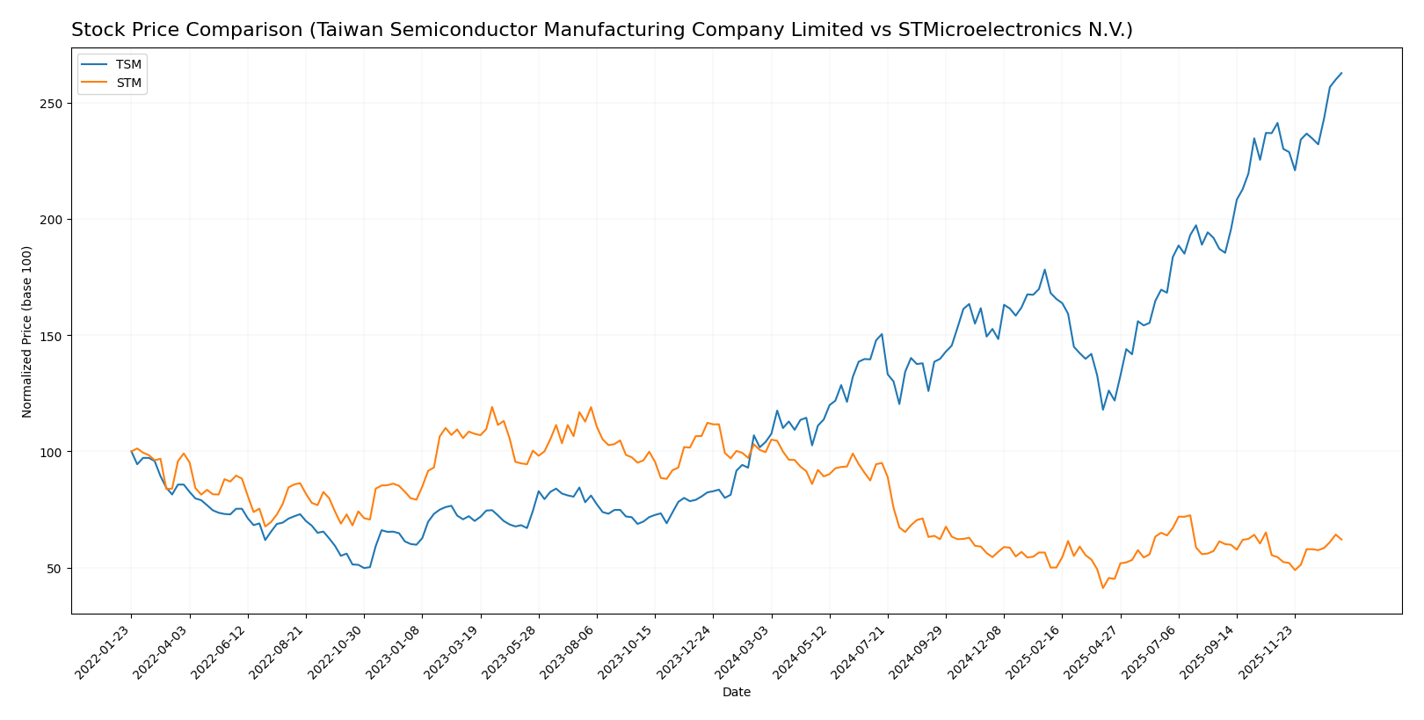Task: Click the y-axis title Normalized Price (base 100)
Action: tap(27, 331)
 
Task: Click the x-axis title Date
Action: tap(737, 693)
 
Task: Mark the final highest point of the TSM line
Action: tap(1341, 73)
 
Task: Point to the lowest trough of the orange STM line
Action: tap(1102, 588)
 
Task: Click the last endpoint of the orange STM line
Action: tap(1341, 540)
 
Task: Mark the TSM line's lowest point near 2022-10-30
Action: tap(364, 568)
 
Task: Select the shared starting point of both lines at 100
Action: tap(131, 452)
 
